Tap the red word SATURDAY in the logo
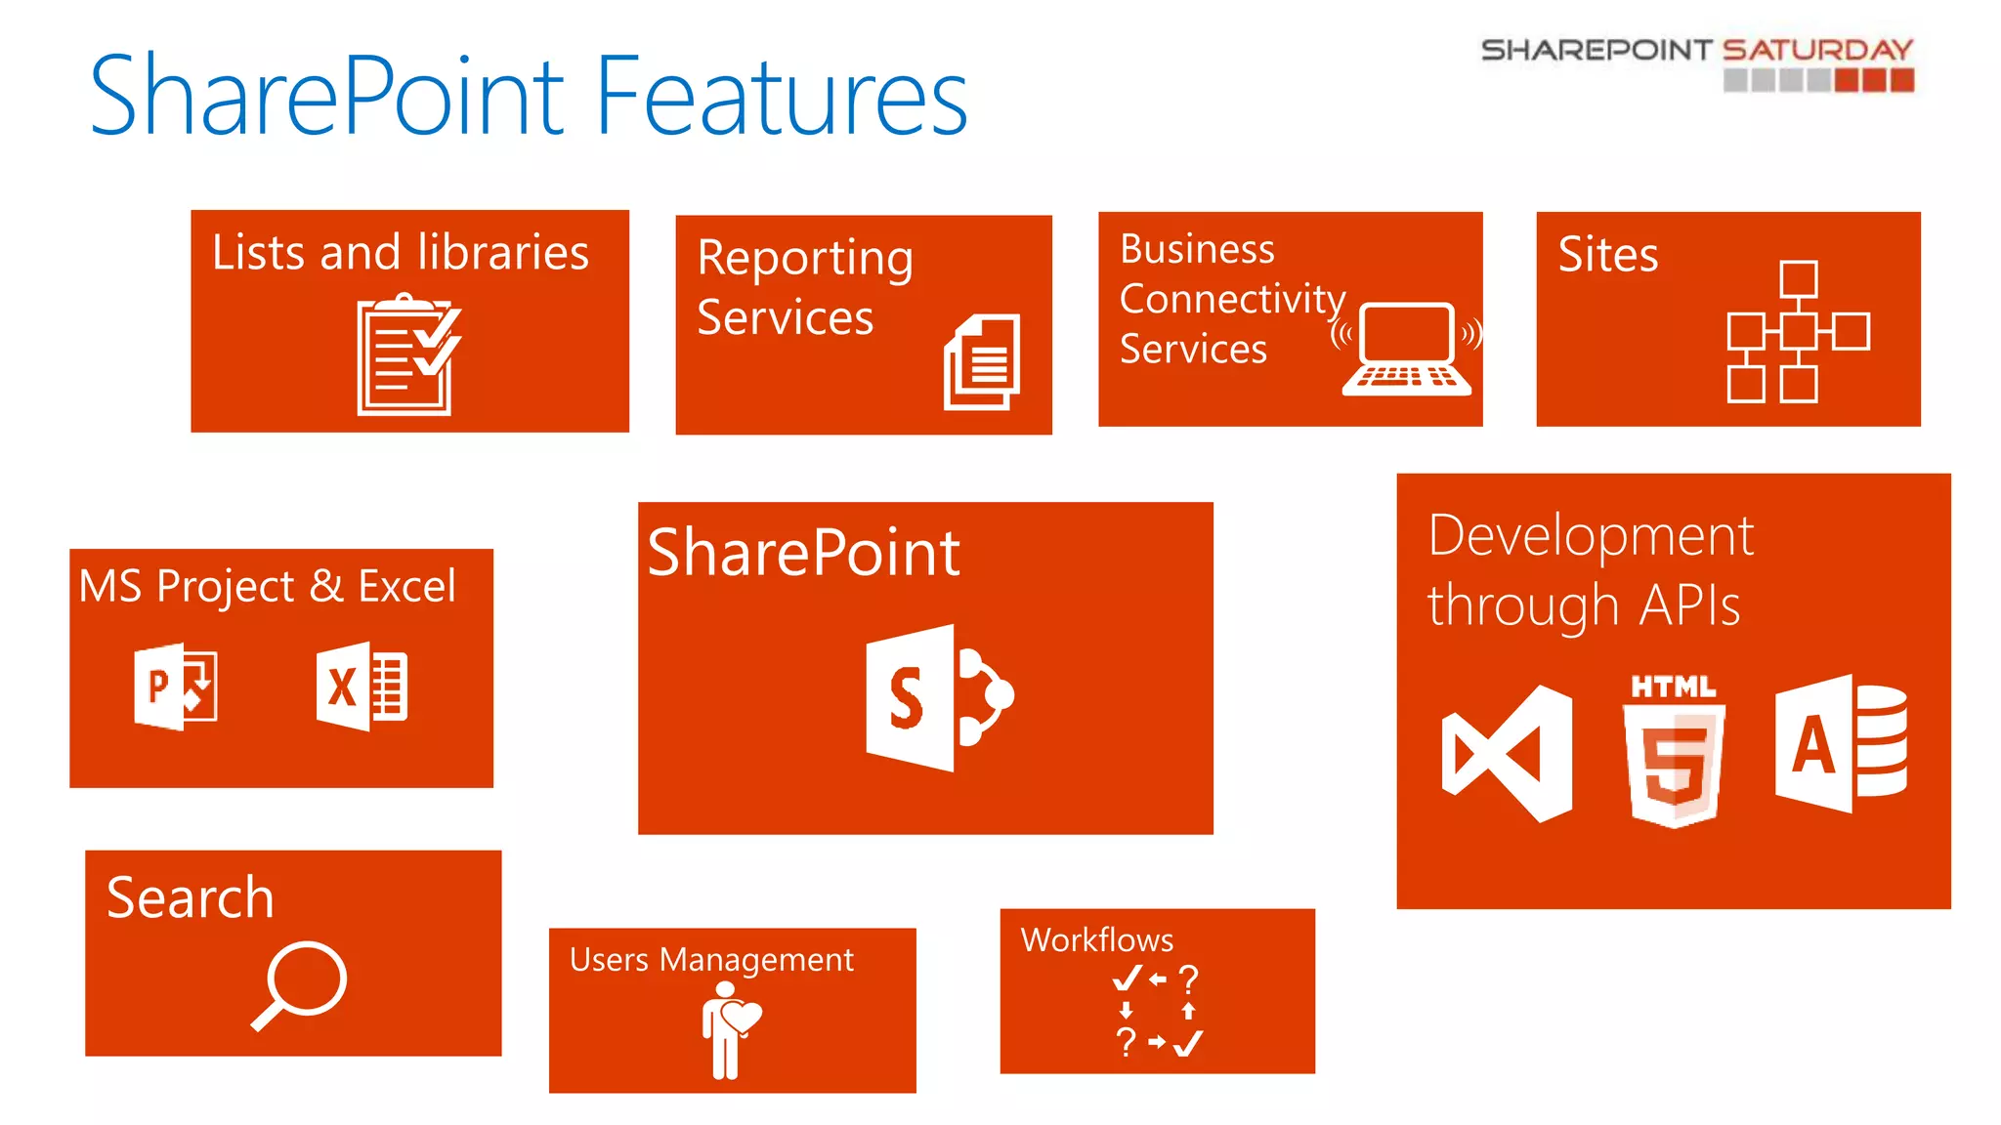coord(1817,49)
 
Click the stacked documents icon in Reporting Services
coord(982,361)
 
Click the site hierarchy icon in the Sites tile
coord(1797,332)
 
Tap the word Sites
coord(1607,254)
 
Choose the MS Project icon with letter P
coord(175,687)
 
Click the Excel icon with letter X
coord(362,687)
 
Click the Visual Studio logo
coord(1508,753)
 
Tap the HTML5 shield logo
coord(1674,751)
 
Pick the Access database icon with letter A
coord(1841,743)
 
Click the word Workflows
coord(1096,939)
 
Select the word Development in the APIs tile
coord(1590,536)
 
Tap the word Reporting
coord(805,259)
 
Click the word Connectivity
coord(1231,299)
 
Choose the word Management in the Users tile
coord(756,960)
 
